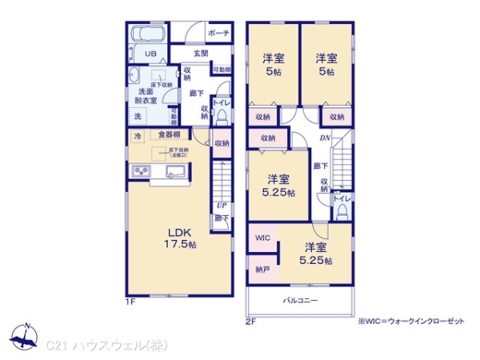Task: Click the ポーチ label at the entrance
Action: [x=218, y=33]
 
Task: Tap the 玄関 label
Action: [x=200, y=54]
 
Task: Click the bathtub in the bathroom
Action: [x=146, y=35]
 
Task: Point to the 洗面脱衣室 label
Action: [x=145, y=94]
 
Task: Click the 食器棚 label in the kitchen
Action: [x=168, y=134]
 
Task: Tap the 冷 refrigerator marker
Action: [x=138, y=134]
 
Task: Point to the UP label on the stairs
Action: [x=220, y=203]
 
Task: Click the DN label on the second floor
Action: [x=326, y=138]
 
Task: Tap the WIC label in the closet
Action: [x=263, y=238]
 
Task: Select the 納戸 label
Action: [x=262, y=270]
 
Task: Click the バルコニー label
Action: [x=300, y=301]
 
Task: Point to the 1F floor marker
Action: [x=130, y=301]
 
